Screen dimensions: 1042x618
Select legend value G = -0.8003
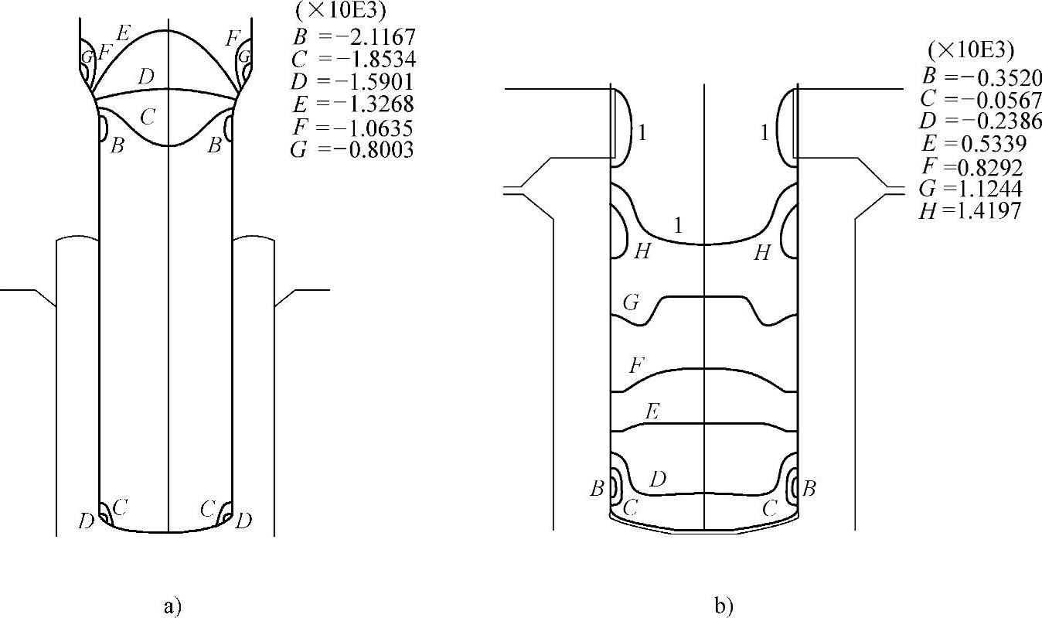point(352,149)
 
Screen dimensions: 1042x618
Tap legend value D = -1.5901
point(352,81)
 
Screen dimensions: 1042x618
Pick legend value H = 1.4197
point(970,211)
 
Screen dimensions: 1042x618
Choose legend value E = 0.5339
point(974,144)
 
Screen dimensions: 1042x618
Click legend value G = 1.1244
point(971,189)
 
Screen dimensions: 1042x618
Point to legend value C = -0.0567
point(981,100)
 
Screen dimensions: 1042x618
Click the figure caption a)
point(172,607)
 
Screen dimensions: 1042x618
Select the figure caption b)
point(724,607)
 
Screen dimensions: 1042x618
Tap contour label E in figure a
point(123,33)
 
